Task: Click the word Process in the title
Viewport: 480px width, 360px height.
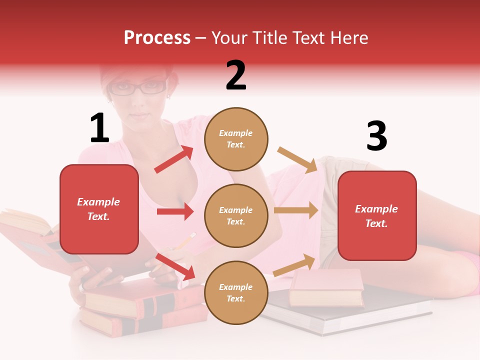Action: coord(157,37)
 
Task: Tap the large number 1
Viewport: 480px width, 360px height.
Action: coord(99,128)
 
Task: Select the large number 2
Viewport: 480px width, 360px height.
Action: coord(236,75)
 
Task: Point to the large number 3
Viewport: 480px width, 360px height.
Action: coord(376,136)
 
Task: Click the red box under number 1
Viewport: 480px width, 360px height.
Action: coord(99,209)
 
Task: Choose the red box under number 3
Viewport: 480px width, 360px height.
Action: coord(377,215)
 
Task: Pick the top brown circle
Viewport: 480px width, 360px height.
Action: coord(236,139)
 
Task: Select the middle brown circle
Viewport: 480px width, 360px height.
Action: coord(236,215)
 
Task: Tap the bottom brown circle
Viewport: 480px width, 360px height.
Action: coord(236,292)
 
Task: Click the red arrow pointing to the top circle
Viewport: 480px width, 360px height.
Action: coord(174,159)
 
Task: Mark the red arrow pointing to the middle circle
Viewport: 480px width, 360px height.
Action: coord(175,211)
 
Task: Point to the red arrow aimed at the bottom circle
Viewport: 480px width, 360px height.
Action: coord(175,266)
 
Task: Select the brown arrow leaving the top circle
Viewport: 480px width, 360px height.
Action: coord(297,159)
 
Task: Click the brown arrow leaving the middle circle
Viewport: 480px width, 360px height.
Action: coord(296,210)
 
